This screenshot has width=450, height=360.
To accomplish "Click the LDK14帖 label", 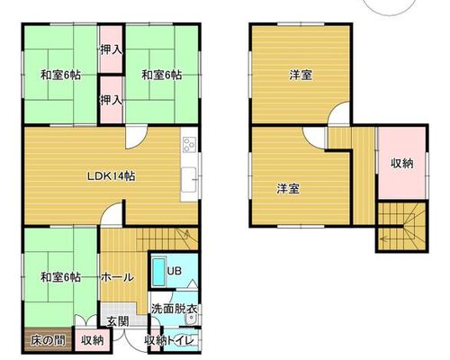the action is [111, 176].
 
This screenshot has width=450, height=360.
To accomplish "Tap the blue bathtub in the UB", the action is [159, 272].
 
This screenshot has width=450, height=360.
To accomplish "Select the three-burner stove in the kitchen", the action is [190, 145].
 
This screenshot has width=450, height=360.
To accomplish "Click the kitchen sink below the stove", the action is [189, 180].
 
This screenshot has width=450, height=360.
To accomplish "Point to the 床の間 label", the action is [48, 340].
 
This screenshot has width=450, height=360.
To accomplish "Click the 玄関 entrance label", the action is [118, 321].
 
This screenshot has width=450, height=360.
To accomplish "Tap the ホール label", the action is [117, 277].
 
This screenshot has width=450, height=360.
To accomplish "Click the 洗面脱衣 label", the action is [175, 309].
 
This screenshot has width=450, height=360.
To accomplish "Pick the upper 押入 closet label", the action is [112, 50].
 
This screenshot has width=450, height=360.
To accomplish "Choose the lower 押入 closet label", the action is [112, 100].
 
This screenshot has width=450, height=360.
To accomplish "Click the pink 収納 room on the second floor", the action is [402, 163].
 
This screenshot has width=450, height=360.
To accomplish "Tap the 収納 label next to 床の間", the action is [93, 340].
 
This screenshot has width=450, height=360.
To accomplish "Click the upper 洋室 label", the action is [301, 75].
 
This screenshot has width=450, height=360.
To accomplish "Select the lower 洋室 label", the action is [288, 189].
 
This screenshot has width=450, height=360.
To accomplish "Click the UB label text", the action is [175, 271].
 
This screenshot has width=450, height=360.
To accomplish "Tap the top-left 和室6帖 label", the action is [60, 75].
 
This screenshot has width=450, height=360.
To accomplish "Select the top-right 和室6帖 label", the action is [161, 75].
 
